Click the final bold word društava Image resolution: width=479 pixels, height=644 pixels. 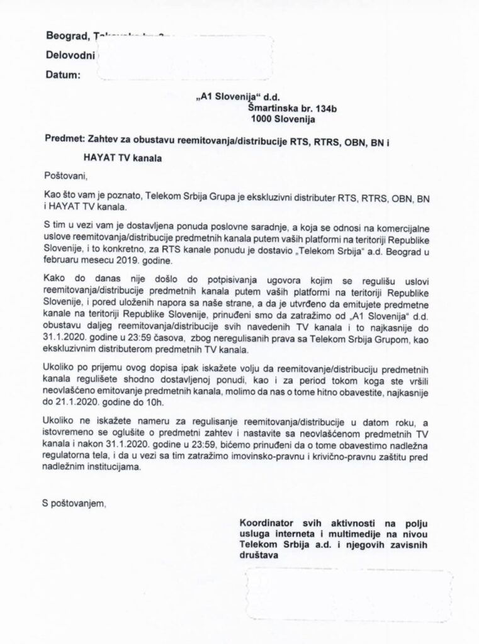coord(258,555)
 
